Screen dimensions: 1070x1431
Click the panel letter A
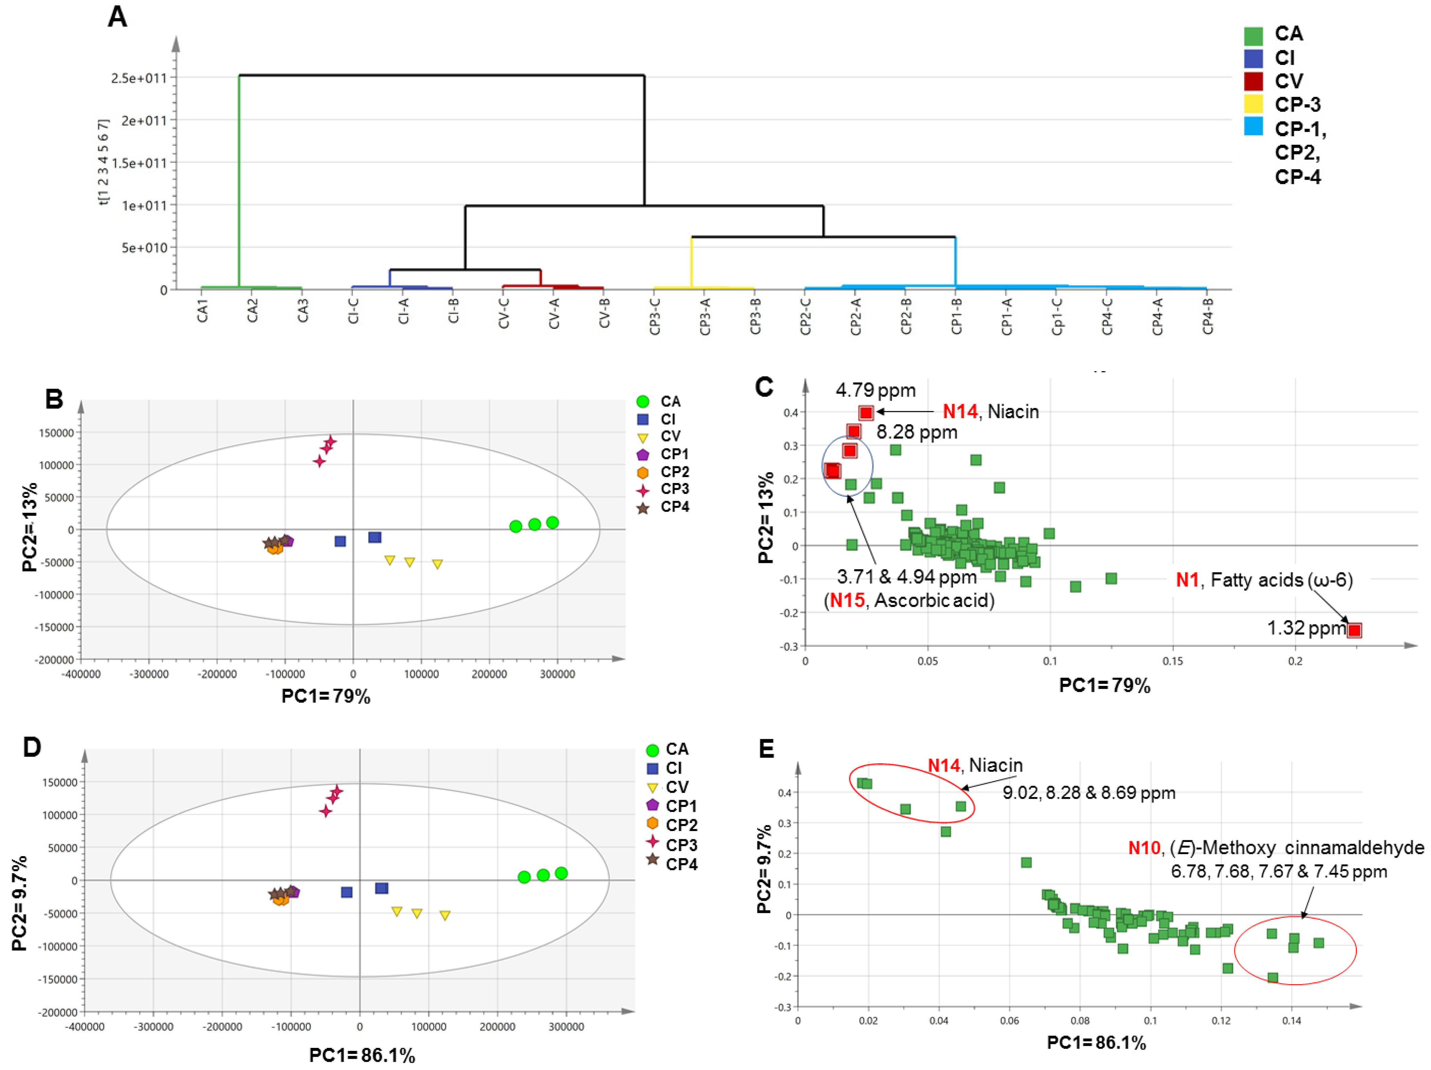pyautogui.click(x=117, y=17)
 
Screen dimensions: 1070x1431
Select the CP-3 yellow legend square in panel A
pyautogui.click(x=1253, y=104)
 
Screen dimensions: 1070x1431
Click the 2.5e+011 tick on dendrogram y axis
pyautogui.click(x=138, y=78)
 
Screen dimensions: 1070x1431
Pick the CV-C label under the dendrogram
pyautogui.click(x=504, y=313)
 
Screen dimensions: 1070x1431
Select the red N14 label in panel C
pyautogui.click(x=959, y=411)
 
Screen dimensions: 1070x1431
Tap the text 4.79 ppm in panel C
pyautogui.click(x=875, y=390)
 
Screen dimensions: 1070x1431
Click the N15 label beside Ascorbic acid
pyautogui.click(x=847, y=600)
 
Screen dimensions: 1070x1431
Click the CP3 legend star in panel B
pyautogui.click(x=642, y=490)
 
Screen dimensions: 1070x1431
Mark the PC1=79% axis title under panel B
pyautogui.click(x=326, y=696)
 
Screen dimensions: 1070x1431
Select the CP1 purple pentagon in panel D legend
pyautogui.click(x=652, y=806)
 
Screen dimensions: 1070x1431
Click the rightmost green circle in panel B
pyautogui.click(x=552, y=523)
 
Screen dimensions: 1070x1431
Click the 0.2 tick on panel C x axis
pyautogui.click(x=1295, y=661)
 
